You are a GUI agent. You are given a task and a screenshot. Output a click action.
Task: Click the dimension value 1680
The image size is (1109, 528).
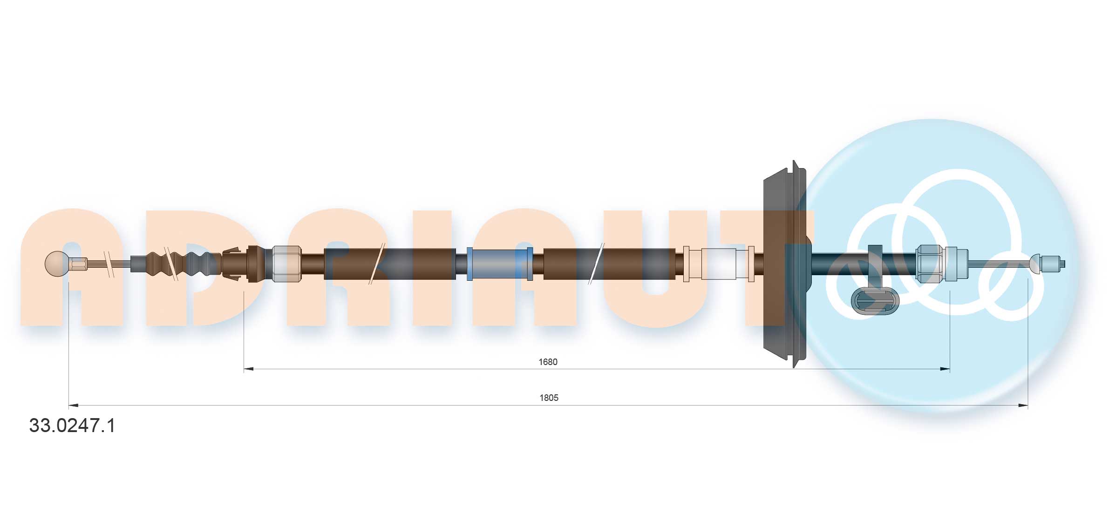(x=548, y=362)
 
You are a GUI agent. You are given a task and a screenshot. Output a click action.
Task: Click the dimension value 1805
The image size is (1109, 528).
(x=549, y=398)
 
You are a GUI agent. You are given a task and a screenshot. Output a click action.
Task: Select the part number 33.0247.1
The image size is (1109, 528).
(x=72, y=426)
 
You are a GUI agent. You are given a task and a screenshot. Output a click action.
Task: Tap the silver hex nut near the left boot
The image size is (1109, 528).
(x=286, y=264)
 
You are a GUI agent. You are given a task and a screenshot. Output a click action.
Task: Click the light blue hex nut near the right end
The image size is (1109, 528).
(x=929, y=264)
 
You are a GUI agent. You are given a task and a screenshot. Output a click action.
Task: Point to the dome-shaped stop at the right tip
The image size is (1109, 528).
(x=1035, y=264)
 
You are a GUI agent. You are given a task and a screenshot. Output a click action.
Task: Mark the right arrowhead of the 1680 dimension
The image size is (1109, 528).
(x=945, y=369)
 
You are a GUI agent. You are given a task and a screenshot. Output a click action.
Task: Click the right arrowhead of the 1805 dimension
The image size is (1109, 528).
(x=1023, y=406)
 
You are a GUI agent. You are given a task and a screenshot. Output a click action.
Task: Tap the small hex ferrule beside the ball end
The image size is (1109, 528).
(x=79, y=264)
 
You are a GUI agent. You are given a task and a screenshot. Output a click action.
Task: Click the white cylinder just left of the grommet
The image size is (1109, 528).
(x=718, y=264)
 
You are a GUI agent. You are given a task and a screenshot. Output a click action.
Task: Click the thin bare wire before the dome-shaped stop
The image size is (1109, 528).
(x=998, y=264)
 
